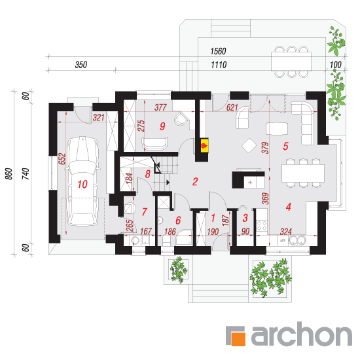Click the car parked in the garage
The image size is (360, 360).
[x=82, y=181]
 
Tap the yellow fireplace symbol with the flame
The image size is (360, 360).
[x=204, y=145]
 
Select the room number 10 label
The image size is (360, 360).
[x=82, y=184]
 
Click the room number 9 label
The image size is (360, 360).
[x=162, y=126]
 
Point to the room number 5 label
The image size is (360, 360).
[x=285, y=146]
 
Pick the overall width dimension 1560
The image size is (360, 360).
[x=219, y=51]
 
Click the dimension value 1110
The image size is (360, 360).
[x=219, y=65]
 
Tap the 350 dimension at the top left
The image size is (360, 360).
[x=81, y=65]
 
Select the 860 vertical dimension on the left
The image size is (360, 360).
[x=9, y=174]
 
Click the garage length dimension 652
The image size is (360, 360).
[x=62, y=158]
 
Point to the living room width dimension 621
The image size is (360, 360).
[x=232, y=107]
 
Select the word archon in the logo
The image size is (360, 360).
[x=302, y=334]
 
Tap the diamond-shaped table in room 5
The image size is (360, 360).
[x=249, y=145]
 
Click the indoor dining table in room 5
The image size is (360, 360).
[x=303, y=173]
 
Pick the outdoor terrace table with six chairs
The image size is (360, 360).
[x=291, y=62]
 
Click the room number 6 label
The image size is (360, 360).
[x=178, y=221]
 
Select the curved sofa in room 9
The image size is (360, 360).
[x=154, y=144]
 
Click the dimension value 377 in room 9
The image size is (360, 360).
[x=160, y=107]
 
